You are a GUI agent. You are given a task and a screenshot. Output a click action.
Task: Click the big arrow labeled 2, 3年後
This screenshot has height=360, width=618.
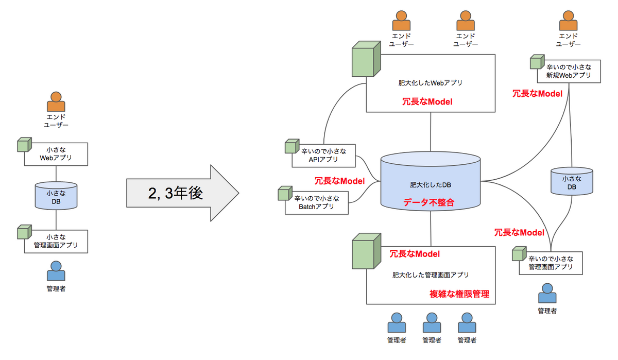(182, 193)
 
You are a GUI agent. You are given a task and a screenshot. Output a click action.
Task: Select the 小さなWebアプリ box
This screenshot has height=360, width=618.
(56, 154)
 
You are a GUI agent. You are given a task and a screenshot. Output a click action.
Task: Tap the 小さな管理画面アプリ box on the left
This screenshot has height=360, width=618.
(56, 242)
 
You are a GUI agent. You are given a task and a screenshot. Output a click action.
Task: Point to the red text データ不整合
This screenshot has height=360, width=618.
(428, 202)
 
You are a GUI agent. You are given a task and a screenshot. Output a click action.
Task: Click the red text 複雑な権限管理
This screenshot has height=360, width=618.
(459, 294)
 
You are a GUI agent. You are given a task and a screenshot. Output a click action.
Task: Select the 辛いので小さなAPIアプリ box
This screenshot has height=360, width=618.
(323, 156)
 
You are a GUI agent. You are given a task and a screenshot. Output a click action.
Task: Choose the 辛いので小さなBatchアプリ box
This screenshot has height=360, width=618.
(317, 203)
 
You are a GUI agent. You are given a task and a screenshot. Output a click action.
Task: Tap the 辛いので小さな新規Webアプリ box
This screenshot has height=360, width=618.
(569, 71)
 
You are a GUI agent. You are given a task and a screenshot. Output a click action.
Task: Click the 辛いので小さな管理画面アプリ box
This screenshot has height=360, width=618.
(551, 263)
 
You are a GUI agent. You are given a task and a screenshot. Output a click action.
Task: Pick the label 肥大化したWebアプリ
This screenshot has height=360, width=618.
(431, 83)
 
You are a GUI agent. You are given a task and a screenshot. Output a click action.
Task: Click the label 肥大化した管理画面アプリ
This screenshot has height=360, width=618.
(431, 275)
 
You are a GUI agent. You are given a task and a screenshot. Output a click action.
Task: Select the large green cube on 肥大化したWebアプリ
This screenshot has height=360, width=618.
(366, 59)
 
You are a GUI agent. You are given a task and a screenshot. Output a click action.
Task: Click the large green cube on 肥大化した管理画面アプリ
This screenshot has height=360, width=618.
(366, 251)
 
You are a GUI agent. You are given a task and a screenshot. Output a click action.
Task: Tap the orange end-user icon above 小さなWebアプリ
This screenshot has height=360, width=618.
(56, 101)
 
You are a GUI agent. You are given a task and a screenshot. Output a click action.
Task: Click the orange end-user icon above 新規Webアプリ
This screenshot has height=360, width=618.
(569, 21)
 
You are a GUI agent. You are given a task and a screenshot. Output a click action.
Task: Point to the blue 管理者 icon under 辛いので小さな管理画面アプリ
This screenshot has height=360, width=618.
(547, 293)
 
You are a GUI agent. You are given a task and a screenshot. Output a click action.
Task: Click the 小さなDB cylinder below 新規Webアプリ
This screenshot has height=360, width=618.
(572, 181)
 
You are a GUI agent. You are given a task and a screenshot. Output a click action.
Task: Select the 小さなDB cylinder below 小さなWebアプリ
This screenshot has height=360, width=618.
(56, 196)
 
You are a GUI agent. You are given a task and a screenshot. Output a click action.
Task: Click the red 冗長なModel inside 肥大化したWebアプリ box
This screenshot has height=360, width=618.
(427, 102)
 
